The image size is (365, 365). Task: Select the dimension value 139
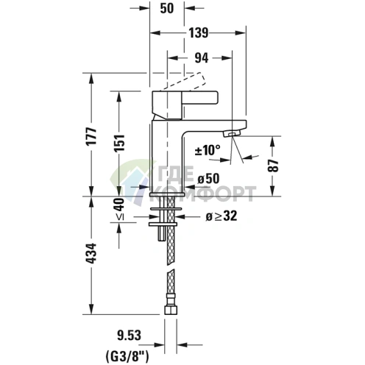196,32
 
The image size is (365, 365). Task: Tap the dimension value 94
201,56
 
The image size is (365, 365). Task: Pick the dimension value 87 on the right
274,166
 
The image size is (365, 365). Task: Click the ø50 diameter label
210,179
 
